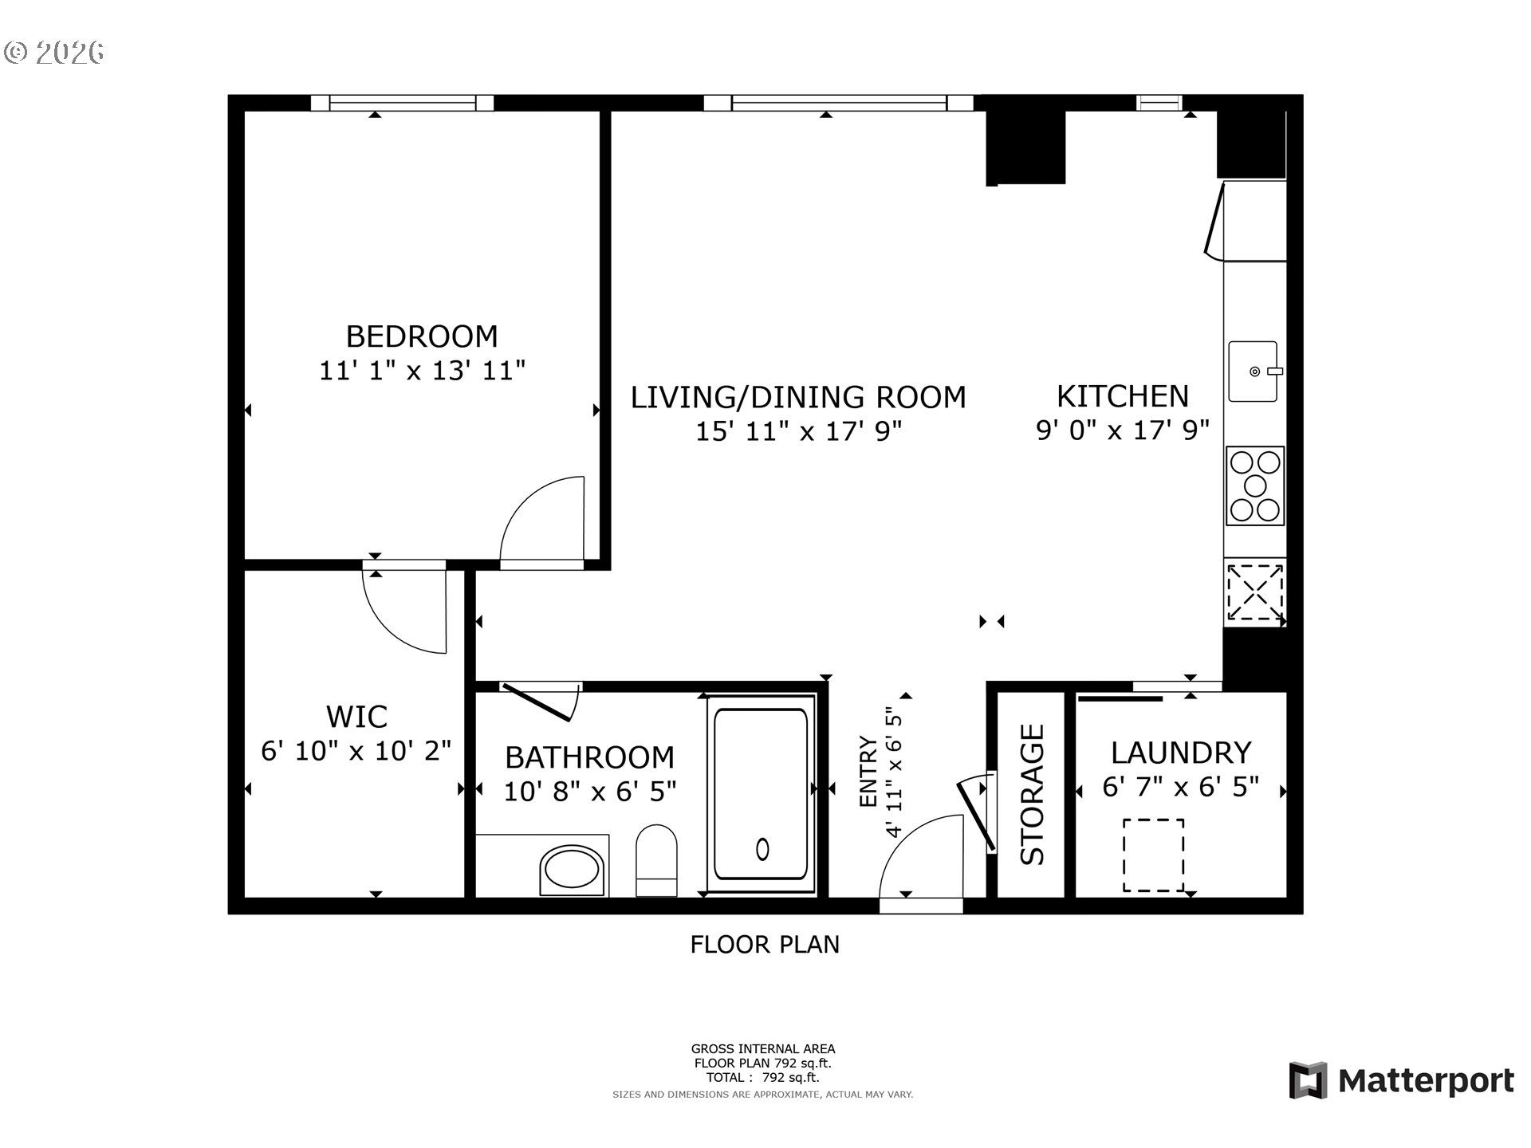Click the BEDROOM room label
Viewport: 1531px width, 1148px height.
point(422,336)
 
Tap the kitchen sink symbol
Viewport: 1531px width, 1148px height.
point(1253,372)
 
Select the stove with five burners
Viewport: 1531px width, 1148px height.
point(1255,486)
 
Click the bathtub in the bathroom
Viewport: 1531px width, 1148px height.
point(761,794)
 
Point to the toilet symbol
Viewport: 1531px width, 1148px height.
point(656,861)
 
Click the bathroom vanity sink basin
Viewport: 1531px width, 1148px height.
point(571,871)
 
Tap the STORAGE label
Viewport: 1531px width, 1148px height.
point(1032,794)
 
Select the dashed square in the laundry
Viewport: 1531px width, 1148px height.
point(1153,855)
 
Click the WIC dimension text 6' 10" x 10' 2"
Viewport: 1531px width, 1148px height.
point(356,751)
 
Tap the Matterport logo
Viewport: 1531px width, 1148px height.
point(1402,1081)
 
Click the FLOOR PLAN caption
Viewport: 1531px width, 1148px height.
point(764,945)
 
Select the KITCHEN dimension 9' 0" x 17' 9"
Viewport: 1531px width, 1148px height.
point(1122,431)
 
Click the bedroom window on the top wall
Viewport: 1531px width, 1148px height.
point(402,103)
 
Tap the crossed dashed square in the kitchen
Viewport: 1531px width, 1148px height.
point(1254,592)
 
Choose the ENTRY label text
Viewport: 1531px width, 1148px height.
point(868,772)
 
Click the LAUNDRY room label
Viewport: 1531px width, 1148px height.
point(1181,753)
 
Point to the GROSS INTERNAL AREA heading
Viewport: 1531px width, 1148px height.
point(762,1049)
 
